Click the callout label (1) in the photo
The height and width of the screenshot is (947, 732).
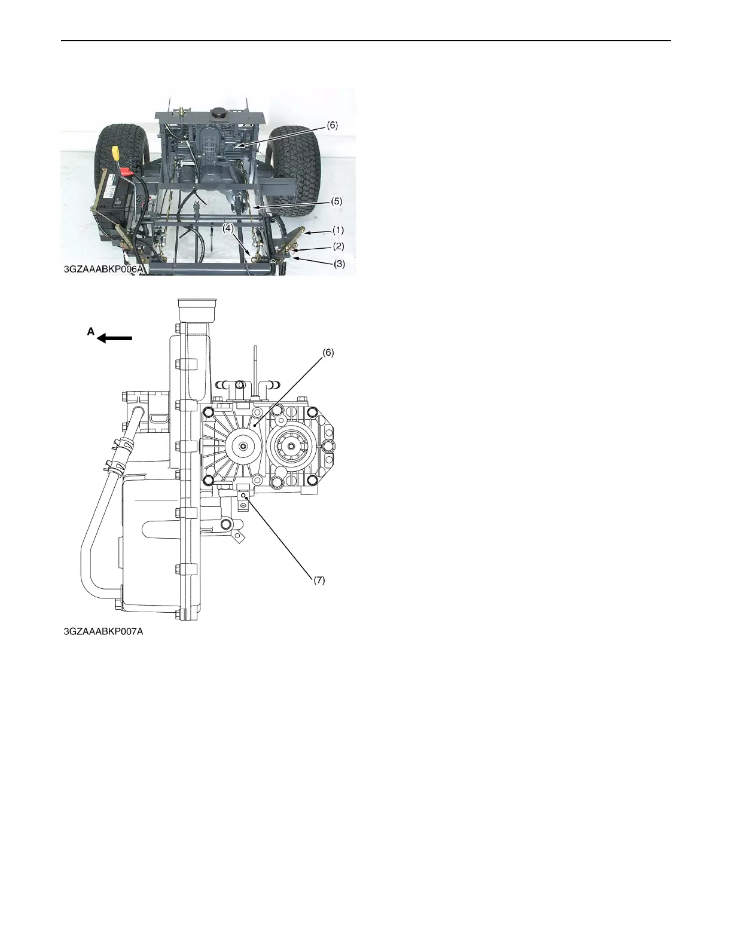click(338, 230)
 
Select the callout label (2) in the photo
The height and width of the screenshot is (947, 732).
click(338, 246)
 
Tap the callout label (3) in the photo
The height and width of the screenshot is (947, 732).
click(338, 263)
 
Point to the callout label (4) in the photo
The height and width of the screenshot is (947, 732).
click(228, 228)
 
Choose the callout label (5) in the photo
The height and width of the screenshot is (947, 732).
click(337, 201)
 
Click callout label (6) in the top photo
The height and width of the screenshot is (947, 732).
click(333, 126)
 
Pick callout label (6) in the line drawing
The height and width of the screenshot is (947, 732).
click(328, 353)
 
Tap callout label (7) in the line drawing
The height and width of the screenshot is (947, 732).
click(320, 580)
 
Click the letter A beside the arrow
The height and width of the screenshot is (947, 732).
click(91, 332)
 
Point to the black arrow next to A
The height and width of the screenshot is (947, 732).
click(115, 338)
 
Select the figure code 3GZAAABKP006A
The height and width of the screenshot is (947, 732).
click(104, 270)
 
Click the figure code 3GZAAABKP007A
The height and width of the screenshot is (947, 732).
click(104, 631)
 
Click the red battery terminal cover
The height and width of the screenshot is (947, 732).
click(126, 173)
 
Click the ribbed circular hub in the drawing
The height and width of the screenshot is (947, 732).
click(244, 445)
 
